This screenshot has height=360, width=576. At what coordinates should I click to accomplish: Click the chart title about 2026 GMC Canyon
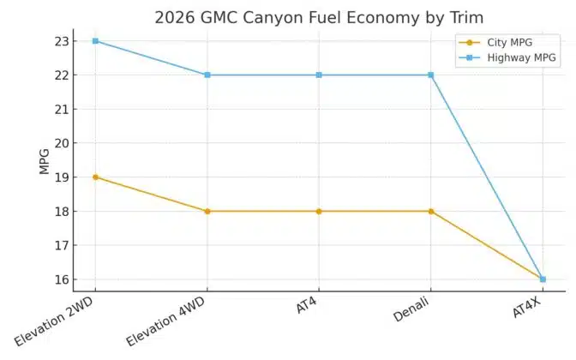[318, 17]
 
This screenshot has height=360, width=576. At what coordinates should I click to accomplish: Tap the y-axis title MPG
[45, 160]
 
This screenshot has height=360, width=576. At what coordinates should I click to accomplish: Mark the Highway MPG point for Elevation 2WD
[95, 41]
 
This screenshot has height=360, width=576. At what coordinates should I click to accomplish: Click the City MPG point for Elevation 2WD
[95, 177]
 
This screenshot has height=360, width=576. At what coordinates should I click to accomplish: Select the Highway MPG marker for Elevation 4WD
[207, 75]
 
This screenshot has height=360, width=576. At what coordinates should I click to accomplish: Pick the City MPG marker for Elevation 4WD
[207, 211]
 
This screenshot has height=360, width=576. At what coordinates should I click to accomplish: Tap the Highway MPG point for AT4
[319, 75]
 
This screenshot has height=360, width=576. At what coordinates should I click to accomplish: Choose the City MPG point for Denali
[431, 211]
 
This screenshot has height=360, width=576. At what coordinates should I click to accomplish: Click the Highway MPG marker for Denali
[431, 75]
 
